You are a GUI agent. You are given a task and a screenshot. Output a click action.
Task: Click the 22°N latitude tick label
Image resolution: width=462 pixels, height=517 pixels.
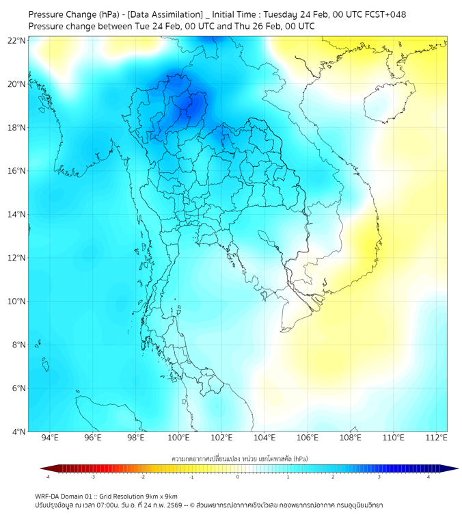[x=17, y=41]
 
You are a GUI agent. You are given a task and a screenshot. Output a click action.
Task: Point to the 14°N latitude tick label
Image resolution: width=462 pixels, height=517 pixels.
[x=17, y=215]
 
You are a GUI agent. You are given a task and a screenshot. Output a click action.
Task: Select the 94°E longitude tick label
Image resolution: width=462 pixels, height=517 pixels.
[x=50, y=438]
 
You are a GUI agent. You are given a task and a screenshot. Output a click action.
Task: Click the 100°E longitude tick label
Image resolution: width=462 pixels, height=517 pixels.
[x=179, y=438]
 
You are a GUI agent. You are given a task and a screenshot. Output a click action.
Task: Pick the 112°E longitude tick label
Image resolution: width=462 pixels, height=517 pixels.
[x=437, y=438]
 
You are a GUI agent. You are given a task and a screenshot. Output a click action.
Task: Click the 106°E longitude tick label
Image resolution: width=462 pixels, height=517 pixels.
[x=308, y=438]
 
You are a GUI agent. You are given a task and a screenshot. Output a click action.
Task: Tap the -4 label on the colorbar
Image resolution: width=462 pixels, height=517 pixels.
[x=47, y=477]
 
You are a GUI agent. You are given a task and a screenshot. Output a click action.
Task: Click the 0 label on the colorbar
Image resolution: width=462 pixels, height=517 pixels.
[x=239, y=477]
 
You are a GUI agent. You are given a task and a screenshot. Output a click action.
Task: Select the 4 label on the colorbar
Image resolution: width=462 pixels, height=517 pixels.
[x=429, y=477]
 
